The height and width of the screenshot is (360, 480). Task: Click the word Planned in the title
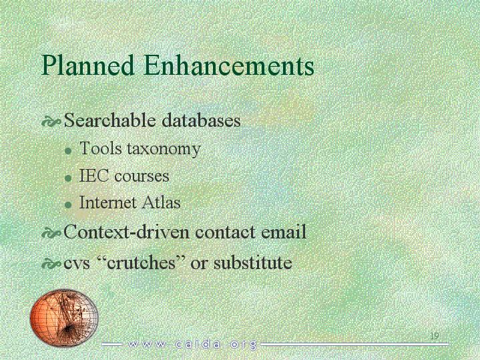tap(87, 66)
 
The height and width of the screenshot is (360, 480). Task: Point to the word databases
tap(201, 120)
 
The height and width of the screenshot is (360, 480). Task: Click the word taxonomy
tap(164, 150)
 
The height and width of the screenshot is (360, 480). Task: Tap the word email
tap(284, 232)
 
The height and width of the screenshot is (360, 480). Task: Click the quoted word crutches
tap(142, 263)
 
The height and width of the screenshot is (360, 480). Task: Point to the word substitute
tap(253, 263)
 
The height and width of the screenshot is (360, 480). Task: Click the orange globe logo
tap(64, 317)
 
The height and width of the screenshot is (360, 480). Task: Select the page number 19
tap(435, 335)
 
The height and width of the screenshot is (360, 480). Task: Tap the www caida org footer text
tap(192, 344)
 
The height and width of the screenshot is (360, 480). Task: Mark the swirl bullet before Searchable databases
tap(51, 122)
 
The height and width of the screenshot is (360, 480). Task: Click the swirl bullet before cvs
tap(51, 264)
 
